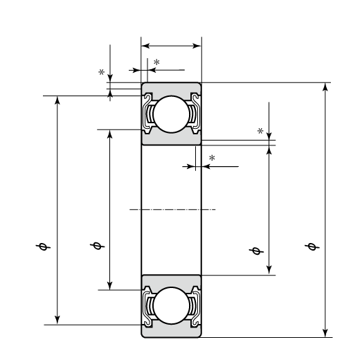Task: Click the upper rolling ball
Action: tap(171, 114)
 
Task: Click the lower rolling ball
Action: tap(171, 305)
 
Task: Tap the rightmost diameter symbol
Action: tap(312, 246)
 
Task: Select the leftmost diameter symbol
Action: tap(43, 246)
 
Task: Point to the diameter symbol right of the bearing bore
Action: tap(256, 251)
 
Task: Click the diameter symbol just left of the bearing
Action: tap(97, 246)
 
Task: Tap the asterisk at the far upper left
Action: tap(101, 72)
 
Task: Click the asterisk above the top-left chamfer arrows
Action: tap(156, 62)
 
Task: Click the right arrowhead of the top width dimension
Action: tap(197, 46)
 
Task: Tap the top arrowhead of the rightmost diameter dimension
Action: tap(325, 87)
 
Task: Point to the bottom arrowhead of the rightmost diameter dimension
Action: tap(325, 333)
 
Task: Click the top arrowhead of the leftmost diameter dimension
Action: tap(57, 100)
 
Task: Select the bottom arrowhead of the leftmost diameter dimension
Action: tap(57, 320)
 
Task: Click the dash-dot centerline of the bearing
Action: tap(172, 209)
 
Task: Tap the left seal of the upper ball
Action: tap(147, 113)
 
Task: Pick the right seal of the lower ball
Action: tap(195, 305)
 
